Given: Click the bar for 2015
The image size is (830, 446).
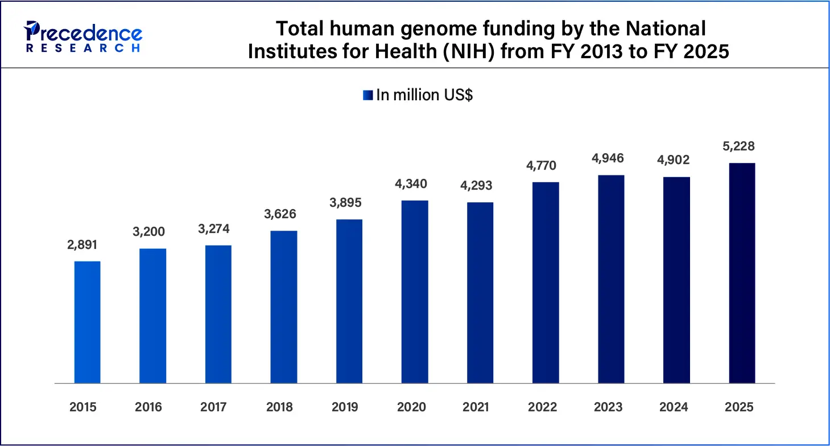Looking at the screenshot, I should [x=87, y=322].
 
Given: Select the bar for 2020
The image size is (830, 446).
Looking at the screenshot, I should [x=415, y=291].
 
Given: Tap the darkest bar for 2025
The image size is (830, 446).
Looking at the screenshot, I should [x=742, y=273].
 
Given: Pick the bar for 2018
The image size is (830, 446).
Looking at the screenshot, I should [x=284, y=306].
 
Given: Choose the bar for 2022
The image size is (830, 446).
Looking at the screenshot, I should [x=546, y=282].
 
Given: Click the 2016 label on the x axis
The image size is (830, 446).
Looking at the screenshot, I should [x=148, y=407].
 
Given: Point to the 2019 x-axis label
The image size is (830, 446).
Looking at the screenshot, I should [x=345, y=407].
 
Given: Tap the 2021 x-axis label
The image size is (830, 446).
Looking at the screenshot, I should [x=476, y=407].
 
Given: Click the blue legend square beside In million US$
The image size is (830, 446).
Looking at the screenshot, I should [x=367, y=95].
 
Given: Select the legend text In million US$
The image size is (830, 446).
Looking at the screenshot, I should [x=424, y=95].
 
